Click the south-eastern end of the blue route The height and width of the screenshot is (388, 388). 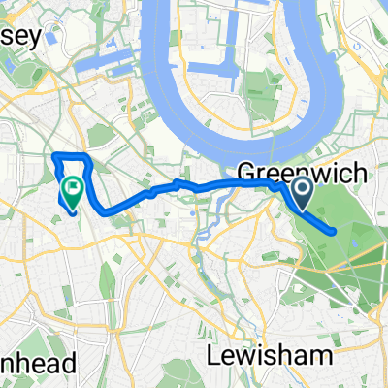pos(335,232)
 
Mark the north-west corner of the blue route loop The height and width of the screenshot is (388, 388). pos(52,155)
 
